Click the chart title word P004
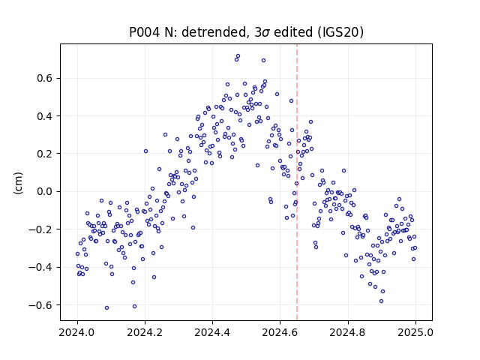(145, 32)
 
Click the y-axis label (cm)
(18, 183)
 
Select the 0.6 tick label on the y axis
(45, 78)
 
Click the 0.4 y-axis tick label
(45, 116)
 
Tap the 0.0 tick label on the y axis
(45, 192)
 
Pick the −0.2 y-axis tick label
(40, 229)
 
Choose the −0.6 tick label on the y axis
(40, 305)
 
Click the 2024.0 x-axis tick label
(77, 332)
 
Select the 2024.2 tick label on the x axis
(145, 332)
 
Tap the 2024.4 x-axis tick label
(212, 332)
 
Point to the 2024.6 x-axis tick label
(280, 332)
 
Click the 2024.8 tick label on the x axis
(348, 332)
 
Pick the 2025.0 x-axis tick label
(415, 332)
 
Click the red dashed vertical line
(297, 182)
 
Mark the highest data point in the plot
(238, 56)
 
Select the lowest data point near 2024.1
(106, 307)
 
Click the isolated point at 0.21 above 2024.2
(145, 151)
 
